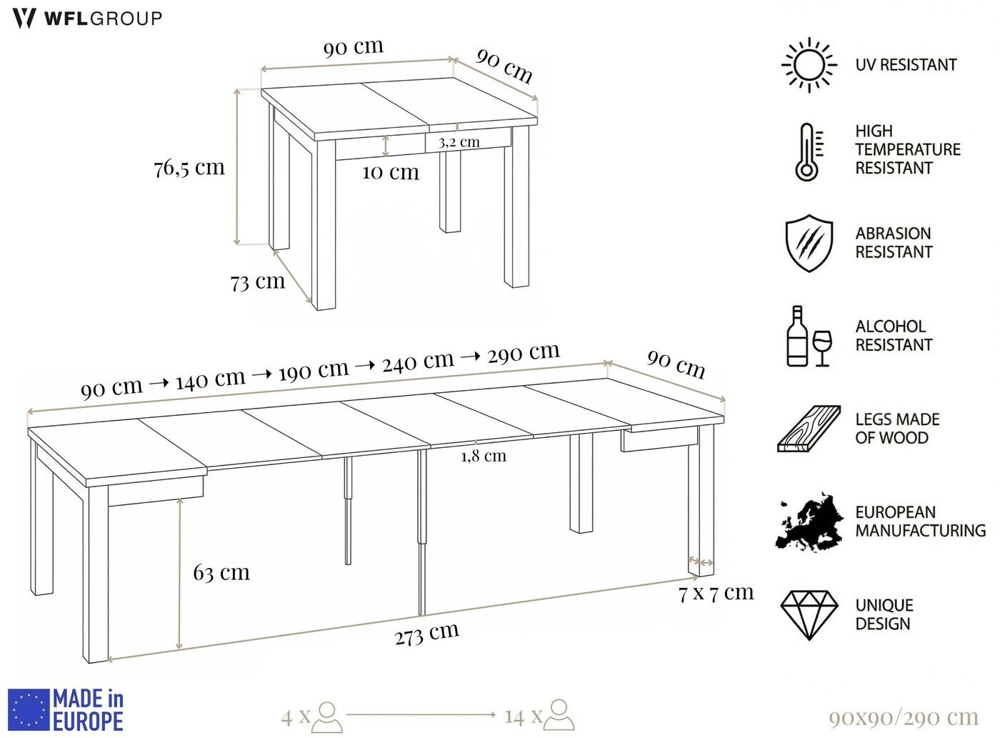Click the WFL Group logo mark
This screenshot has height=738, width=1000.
point(24,19)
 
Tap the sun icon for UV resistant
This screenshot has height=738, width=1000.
point(809,66)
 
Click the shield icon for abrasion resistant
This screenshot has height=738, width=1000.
point(809,243)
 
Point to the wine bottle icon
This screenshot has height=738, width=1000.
point(797,336)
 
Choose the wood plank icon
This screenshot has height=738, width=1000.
point(809,429)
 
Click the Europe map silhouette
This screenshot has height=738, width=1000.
point(809,522)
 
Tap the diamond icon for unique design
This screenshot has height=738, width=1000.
point(809,615)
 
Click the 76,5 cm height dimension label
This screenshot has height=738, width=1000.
point(189,169)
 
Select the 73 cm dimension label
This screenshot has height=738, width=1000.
point(258,282)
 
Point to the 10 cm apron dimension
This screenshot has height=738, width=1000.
point(391,172)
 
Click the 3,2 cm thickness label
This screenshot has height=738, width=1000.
point(459,143)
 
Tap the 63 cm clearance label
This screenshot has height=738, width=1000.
point(221,573)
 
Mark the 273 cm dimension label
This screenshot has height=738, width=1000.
point(427,634)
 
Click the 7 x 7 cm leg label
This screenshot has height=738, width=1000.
point(716,593)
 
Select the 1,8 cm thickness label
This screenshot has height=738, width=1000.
point(484,456)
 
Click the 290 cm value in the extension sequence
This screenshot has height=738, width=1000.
point(524,353)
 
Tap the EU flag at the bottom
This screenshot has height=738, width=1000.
point(29,709)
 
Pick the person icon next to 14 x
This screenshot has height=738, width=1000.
point(559,714)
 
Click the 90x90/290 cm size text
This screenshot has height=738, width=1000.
point(904,717)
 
